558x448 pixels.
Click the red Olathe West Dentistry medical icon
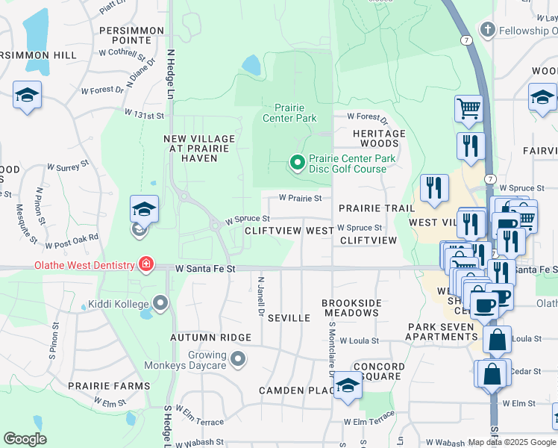[x=145, y=265]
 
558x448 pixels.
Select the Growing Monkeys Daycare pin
[x=238, y=360]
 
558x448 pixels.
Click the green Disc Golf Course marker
[x=297, y=162]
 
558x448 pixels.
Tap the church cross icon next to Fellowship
[x=487, y=31]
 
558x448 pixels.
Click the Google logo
[x=25, y=438]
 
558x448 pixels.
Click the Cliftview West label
[x=289, y=231]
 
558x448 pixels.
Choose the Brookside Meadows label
[x=352, y=308]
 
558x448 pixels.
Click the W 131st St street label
[x=144, y=114]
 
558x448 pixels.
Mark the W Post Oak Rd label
[x=72, y=241]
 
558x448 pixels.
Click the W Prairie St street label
[x=300, y=199]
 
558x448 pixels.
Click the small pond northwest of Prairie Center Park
[x=251, y=66]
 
